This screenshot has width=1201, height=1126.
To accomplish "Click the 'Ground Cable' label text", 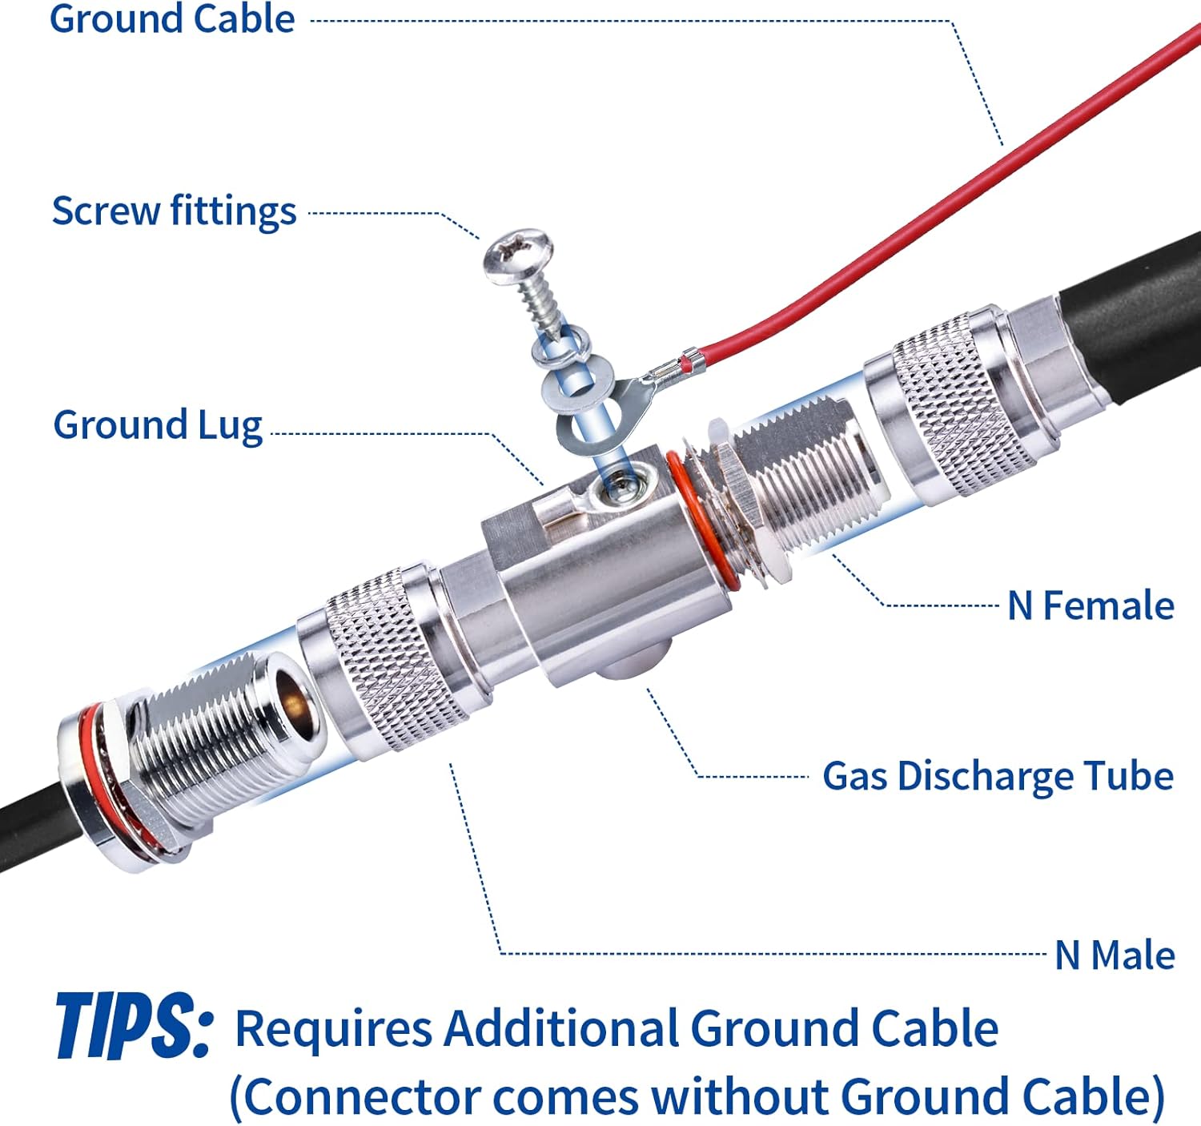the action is [x=172, y=18].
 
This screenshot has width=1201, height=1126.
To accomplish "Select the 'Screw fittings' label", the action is [x=175, y=211].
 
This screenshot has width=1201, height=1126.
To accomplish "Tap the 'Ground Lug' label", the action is [x=158, y=424].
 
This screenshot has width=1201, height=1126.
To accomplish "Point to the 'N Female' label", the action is [x=1091, y=605].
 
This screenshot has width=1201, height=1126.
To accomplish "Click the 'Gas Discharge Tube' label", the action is [x=998, y=777].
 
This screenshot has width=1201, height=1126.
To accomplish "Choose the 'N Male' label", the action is [x=1115, y=955].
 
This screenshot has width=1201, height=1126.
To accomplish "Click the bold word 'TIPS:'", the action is [x=134, y=1026].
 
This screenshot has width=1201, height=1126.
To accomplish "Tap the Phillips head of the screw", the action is [x=518, y=256].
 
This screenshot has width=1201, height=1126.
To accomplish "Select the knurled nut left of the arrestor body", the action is [x=393, y=657].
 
